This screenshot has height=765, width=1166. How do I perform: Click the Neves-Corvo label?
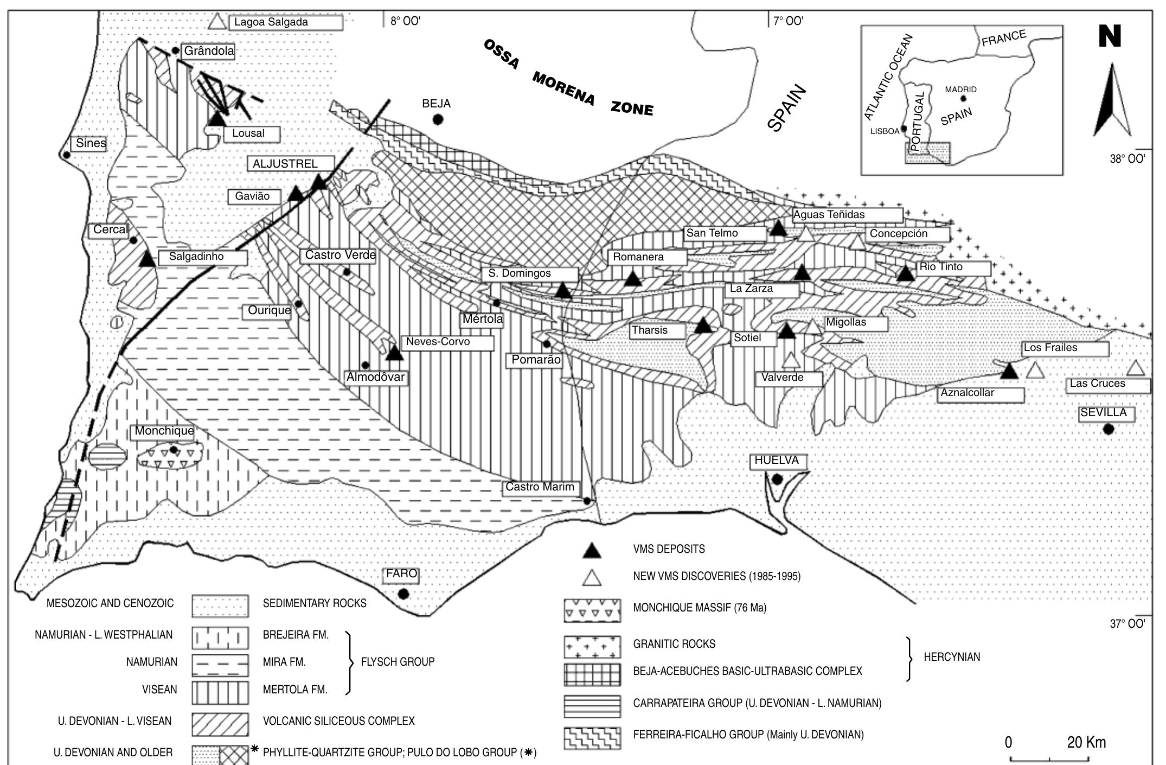(438, 342)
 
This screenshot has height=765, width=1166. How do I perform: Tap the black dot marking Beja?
(438, 119)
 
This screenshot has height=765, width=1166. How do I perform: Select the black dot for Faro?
(403, 594)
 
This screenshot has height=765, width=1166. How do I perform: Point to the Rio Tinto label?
(941, 267)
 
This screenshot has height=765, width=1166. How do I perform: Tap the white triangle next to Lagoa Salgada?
(217, 22)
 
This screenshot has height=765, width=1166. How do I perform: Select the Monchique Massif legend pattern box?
(592, 610)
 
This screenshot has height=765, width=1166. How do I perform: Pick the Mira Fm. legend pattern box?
(220, 665)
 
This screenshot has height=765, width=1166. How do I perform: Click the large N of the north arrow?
(1110, 37)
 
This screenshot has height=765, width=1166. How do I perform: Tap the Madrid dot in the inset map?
(963, 99)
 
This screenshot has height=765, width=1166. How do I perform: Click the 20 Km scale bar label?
(1086, 742)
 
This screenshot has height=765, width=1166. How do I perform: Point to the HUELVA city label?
(777, 461)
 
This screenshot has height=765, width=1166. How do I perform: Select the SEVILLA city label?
(1104, 412)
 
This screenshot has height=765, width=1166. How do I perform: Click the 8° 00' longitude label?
(405, 21)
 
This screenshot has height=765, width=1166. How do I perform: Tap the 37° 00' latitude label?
(1127, 624)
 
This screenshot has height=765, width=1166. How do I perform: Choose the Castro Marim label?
(540, 487)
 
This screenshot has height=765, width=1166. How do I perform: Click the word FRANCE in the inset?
(1003, 39)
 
